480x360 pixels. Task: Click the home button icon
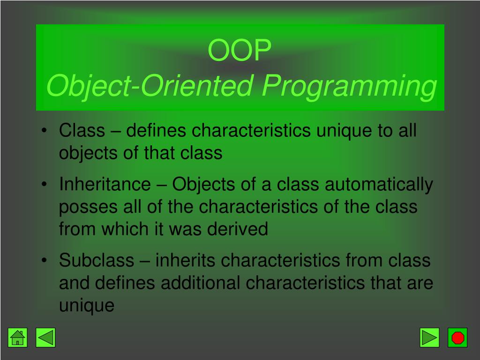[17, 337]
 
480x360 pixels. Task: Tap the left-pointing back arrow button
[45, 337]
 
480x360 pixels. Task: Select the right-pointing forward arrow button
[429, 337]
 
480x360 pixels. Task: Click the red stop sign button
[457, 337]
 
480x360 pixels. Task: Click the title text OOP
[240, 50]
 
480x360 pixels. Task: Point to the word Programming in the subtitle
[349, 87]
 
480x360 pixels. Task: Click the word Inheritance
[105, 184]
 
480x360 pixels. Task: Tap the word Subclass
[97, 260]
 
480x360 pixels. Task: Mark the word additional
[201, 283]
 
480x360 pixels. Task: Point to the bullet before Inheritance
[45, 184]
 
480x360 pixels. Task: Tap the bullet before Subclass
[45, 260]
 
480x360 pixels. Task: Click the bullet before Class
[45, 130]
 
